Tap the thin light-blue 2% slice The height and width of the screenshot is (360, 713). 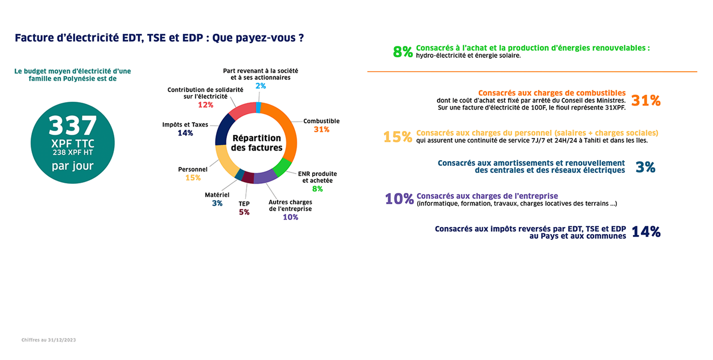pos(259,107)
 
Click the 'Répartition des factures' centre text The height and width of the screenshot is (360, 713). pos(257,143)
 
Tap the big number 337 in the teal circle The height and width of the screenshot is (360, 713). pos(73,125)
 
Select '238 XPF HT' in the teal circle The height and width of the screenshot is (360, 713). pos(73,152)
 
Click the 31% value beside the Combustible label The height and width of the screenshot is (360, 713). pos(321,130)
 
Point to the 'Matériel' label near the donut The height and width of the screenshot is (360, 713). pos(217,195)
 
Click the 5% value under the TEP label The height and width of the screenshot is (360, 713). pos(244,212)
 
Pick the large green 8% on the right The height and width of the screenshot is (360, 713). pos(403,52)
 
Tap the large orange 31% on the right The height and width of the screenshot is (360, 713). pos(646,100)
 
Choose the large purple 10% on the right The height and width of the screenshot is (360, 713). pos(399,199)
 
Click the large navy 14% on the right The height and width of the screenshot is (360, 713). pos(646,232)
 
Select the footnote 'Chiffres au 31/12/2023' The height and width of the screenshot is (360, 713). pos(49,340)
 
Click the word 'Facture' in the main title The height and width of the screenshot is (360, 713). pos(34,38)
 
